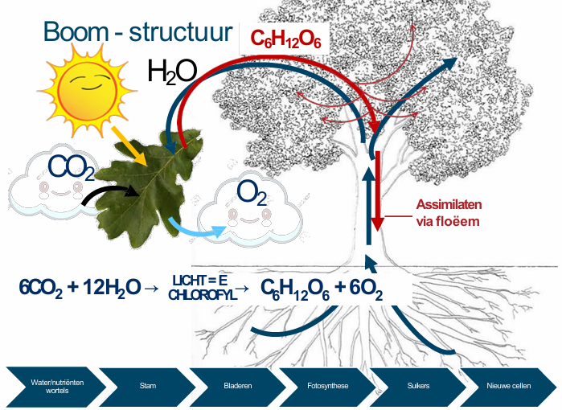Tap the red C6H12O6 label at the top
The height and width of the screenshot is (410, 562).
285,39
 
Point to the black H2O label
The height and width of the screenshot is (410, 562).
172,72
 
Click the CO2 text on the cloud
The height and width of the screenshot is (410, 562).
71,167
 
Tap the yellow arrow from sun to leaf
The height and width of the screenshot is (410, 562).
129,146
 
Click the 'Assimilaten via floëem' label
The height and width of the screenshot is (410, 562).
449,213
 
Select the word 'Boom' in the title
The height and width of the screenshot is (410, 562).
76,31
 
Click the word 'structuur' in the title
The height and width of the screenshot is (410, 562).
181,32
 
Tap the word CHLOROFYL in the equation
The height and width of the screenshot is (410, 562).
203,295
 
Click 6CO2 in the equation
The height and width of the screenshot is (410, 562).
40,288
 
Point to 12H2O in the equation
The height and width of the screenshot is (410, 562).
112,288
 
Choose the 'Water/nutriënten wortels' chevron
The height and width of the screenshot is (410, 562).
56,387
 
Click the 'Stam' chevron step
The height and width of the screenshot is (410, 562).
148,387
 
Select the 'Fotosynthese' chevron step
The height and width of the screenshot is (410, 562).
328,387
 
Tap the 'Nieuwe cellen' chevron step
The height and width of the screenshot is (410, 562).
509,387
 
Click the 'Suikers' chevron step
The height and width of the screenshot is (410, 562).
418,387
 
